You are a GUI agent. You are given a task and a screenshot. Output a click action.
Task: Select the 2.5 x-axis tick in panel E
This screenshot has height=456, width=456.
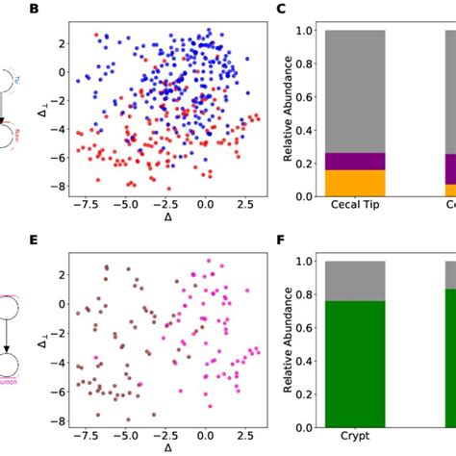(246, 435)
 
